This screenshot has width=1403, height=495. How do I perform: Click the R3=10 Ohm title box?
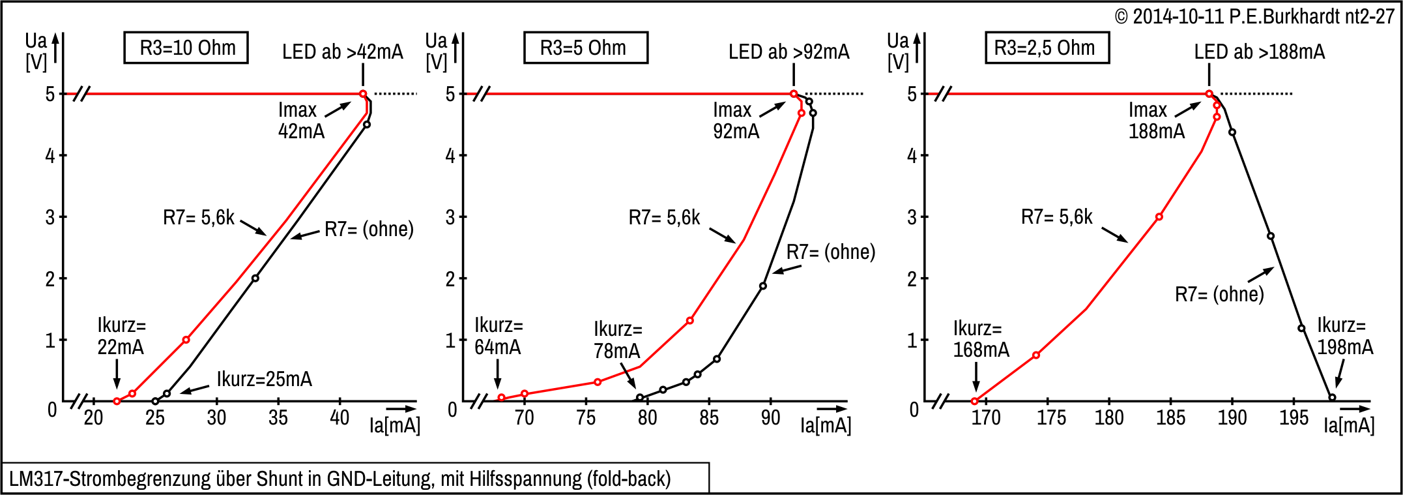[x=186, y=48]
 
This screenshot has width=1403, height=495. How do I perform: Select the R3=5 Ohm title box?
[x=585, y=48]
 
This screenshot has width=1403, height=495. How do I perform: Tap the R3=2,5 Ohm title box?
[x=1047, y=48]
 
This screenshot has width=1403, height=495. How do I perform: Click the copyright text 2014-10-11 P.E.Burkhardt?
[x=1254, y=16]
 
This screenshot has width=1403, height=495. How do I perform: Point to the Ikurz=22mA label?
[x=121, y=336]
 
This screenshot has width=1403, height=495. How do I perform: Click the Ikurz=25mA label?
[x=264, y=379]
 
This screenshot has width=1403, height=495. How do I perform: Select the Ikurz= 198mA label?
[x=1344, y=336]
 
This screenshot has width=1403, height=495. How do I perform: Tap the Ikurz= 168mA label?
[x=980, y=339]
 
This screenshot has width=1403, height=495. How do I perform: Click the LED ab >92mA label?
[x=788, y=52]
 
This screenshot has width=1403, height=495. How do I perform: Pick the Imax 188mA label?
[x=1156, y=121]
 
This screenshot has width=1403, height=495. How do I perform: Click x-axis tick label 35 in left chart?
[x=278, y=417]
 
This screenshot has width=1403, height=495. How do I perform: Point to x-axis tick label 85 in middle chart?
[x=709, y=417]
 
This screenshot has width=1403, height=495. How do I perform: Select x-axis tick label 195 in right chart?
[x=1294, y=417]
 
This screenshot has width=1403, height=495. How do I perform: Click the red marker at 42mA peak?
[x=363, y=94]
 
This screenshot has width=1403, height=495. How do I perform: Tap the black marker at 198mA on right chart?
[x=1332, y=397]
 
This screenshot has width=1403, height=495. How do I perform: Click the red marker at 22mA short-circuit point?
[x=117, y=401]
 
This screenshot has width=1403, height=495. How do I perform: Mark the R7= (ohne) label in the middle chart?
[x=830, y=252]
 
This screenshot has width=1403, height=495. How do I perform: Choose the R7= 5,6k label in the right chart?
[x=1056, y=217]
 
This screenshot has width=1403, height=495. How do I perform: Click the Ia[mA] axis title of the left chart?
[x=394, y=426]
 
